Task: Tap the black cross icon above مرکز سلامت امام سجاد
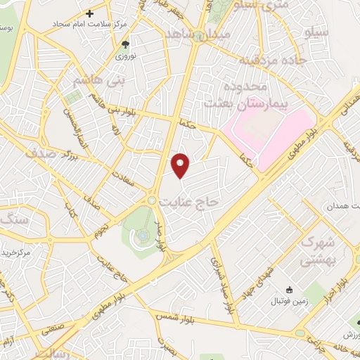pos(89,13)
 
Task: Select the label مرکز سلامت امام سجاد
pos(89,25)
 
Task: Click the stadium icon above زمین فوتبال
pos(288,290)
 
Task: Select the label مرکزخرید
pos(15,252)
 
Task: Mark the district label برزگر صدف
pos(49,150)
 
